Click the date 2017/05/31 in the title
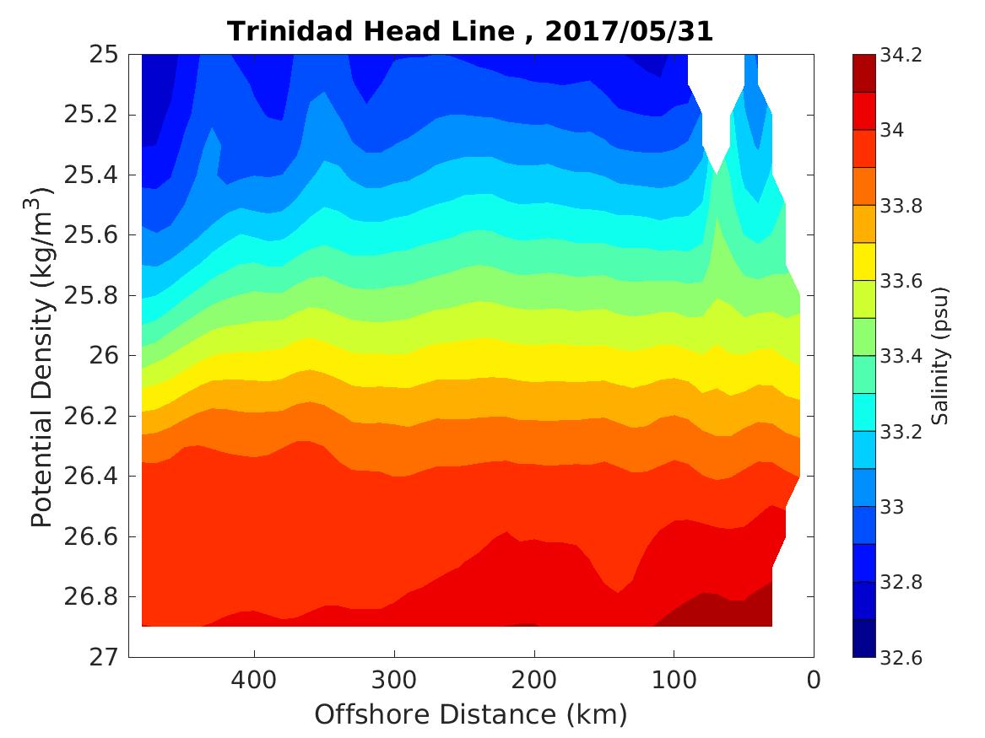[x=629, y=31]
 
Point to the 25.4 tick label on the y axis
[x=92, y=175]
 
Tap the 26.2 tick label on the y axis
[x=92, y=417]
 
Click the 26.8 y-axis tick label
[x=92, y=597]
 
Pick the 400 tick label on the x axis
[x=254, y=680]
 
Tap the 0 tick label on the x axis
[x=814, y=680]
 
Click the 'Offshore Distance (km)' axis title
[x=471, y=715]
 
